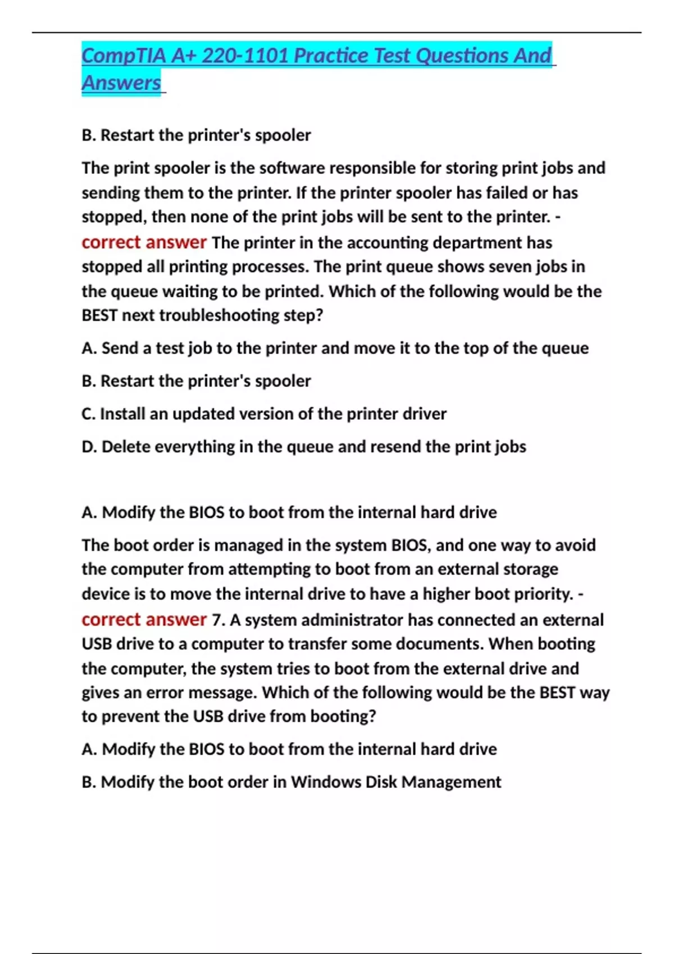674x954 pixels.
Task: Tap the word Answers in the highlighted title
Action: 121,83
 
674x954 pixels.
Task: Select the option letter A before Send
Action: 88,348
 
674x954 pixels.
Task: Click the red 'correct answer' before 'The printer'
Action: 144,242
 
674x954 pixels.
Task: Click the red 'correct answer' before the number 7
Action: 144,620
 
